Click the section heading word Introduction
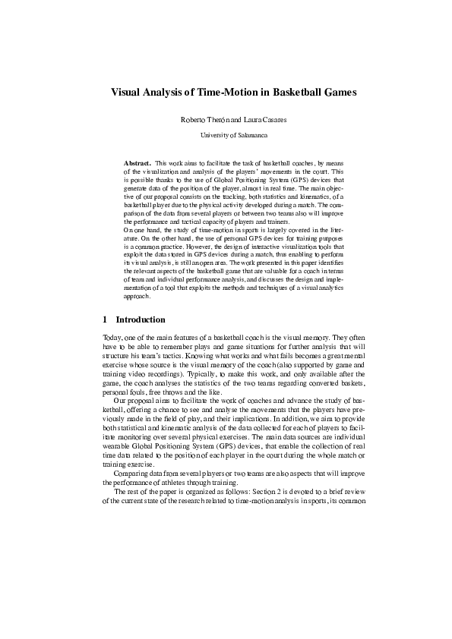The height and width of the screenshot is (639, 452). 141,320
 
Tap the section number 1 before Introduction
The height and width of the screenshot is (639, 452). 104,320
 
